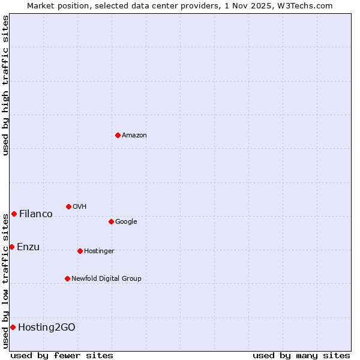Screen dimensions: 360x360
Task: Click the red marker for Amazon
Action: click(118, 135)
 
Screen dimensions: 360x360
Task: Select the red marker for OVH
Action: click(68, 206)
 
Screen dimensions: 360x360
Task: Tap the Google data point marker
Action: click(111, 221)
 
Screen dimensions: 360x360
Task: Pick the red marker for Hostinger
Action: click(80, 251)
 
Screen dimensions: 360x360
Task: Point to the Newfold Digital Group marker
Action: click(67, 278)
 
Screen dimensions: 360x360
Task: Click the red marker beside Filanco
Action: click(14, 214)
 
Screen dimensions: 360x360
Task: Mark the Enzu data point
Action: click(11, 247)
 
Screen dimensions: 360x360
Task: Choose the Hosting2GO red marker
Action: click(13, 327)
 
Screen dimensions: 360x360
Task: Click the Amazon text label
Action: click(134, 136)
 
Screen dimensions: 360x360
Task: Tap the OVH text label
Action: click(80, 207)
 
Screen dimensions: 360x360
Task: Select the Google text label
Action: click(126, 222)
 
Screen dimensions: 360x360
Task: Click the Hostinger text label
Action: click(99, 251)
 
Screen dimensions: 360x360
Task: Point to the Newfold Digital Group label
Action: click(106, 279)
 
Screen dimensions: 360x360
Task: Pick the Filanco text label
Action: click(36, 214)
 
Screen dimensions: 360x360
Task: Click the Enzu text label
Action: click(28, 247)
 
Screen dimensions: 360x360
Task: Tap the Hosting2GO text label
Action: click(47, 328)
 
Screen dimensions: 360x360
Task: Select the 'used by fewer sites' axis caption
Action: click(62, 355)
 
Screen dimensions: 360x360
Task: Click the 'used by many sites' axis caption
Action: click(301, 355)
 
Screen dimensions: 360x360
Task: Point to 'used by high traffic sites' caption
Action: click(5, 85)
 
